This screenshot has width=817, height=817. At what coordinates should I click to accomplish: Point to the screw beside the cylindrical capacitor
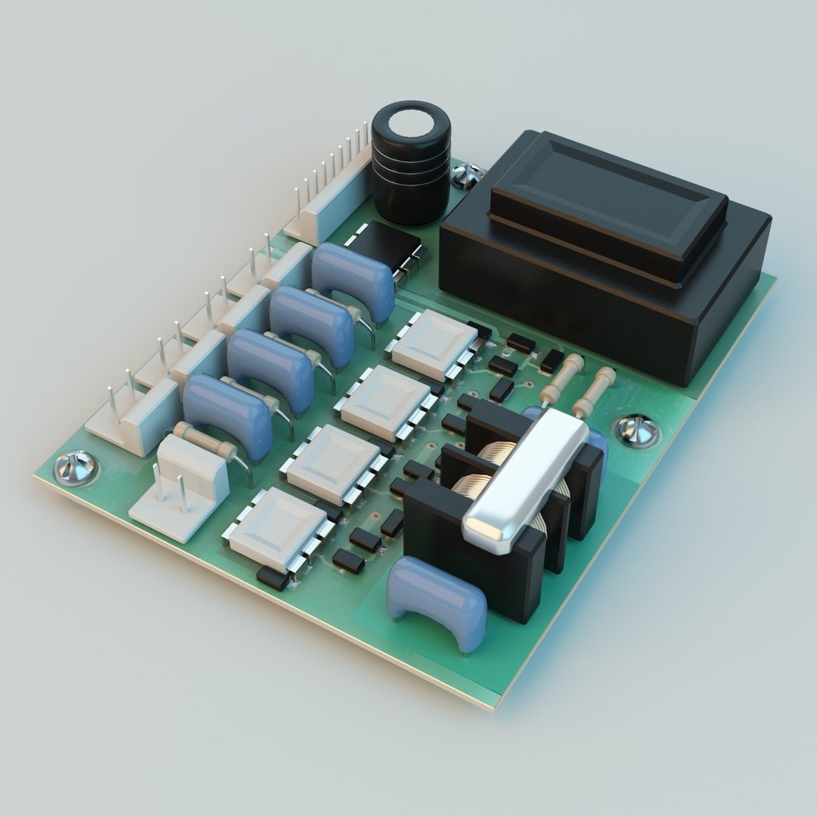click(x=466, y=176)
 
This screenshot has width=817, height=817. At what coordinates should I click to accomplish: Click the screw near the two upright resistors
click(x=638, y=430)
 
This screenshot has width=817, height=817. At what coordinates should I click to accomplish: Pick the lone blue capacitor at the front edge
click(x=437, y=600)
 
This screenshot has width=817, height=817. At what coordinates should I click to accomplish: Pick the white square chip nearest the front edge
click(x=277, y=528)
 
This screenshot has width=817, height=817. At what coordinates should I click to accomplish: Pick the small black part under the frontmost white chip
click(x=272, y=578)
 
